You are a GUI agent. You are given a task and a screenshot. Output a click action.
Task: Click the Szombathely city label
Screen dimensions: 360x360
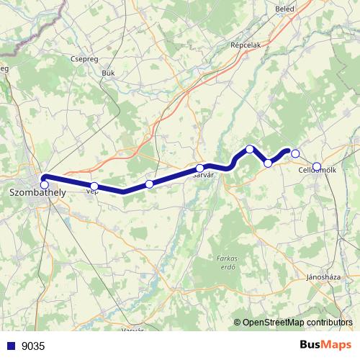point(35,193)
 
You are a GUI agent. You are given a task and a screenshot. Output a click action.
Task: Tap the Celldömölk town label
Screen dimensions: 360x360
point(317,171)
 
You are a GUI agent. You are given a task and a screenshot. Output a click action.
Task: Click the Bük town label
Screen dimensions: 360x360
point(109,73)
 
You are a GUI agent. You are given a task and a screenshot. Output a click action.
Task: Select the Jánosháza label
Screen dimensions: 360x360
point(323,276)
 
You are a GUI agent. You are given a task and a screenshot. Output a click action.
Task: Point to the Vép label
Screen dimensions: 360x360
point(92,192)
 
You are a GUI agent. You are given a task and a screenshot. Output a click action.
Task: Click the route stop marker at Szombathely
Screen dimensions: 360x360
point(45,185)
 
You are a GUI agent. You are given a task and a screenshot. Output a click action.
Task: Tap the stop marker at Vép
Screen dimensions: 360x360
point(94,186)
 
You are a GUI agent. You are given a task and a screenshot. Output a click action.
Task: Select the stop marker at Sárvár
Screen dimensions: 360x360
point(199,168)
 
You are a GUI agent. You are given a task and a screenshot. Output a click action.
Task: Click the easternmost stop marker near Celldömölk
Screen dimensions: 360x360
point(317,166)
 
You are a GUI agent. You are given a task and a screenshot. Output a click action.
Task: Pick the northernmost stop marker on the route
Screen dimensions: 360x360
point(250,149)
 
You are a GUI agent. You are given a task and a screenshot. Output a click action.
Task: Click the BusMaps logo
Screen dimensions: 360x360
point(325,346)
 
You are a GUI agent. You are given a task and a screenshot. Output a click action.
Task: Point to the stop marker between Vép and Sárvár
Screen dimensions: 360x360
point(149,184)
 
